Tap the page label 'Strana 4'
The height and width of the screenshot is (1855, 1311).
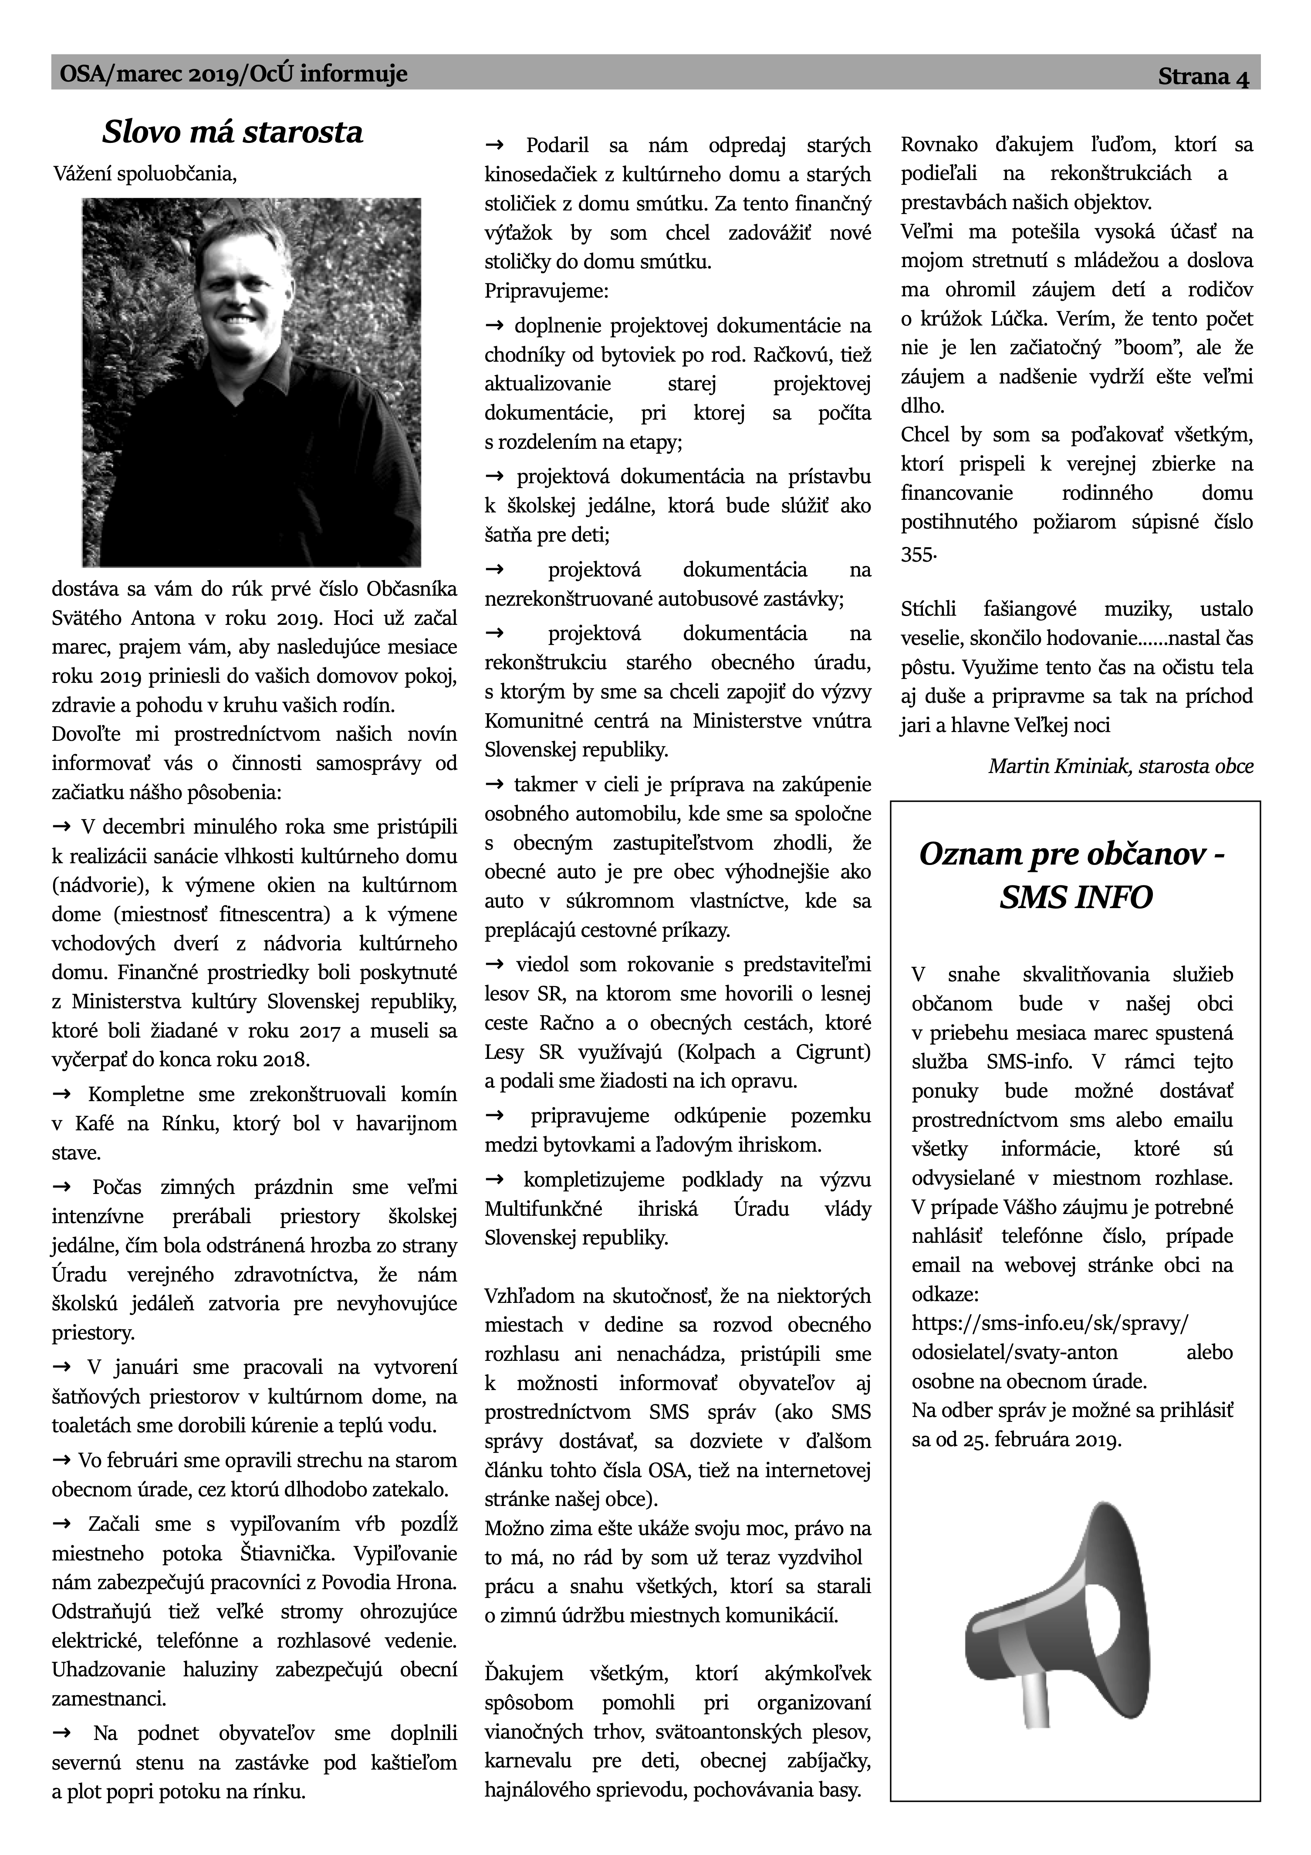coord(1203,78)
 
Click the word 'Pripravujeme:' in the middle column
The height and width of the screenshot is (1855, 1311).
coord(546,291)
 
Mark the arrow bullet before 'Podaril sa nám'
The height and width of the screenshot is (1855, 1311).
coord(494,146)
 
